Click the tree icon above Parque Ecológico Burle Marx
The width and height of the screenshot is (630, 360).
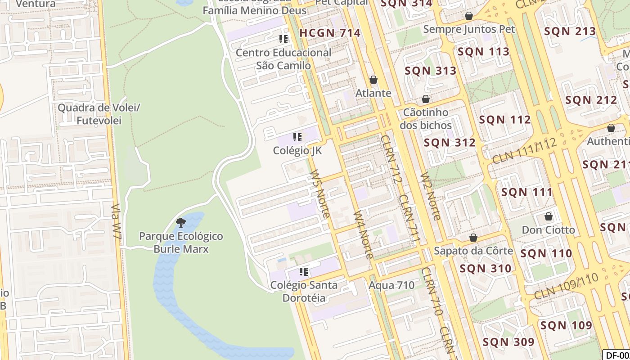point(181,222)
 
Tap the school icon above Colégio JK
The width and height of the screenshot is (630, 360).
point(297,137)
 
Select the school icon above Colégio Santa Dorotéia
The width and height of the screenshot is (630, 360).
point(304,271)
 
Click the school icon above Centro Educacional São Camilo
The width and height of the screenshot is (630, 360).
point(283,39)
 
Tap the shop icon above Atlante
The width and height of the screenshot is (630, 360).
point(373,80)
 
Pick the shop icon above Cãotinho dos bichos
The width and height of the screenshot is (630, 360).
point(426,99)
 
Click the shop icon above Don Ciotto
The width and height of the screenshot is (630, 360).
point(549,216)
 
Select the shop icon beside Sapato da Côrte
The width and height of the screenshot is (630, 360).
point(473,238)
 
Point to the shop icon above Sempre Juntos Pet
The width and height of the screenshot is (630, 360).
point(469,16)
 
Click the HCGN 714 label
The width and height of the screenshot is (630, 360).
point(330,33)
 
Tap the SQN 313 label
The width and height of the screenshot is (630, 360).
point(431,71)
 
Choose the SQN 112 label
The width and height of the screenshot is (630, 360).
point(505,120)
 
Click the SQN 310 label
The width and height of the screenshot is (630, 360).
point(486,269)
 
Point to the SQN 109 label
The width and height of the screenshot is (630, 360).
point(566,325)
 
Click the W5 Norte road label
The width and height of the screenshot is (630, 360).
point(320,193)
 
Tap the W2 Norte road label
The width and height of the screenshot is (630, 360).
point(430,196)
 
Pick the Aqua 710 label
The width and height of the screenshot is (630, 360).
point(391,285)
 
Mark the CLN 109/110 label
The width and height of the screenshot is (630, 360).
point(567,286)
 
